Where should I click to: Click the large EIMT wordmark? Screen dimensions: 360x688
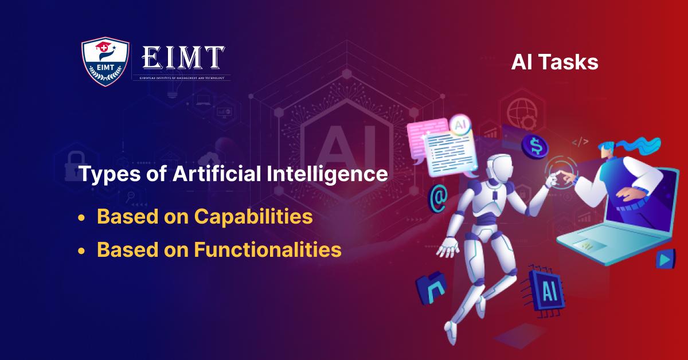[x=183, y=57]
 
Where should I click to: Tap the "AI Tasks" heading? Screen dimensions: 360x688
[x=554, y=62]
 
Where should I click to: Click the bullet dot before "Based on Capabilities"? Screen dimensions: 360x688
[x=83, y=218]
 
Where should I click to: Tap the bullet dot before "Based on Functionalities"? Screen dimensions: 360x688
[x=83, y=251]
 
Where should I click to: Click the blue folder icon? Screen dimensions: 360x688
[x=431, y=287]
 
